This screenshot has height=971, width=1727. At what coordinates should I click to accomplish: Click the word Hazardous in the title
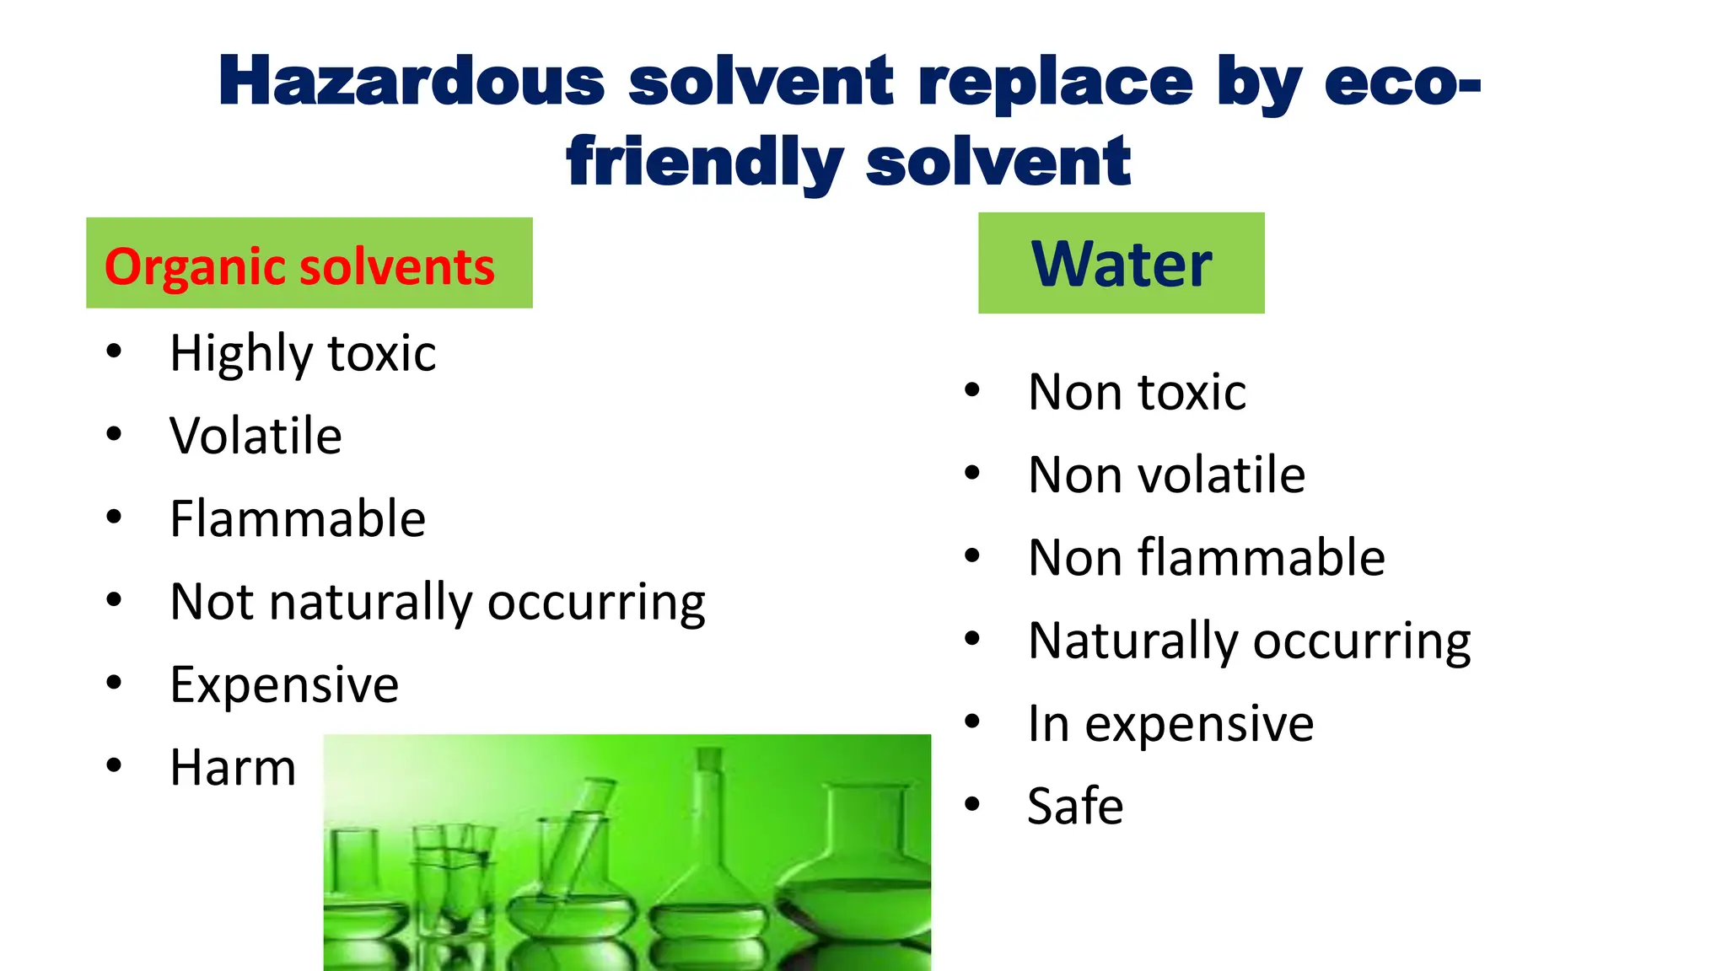[x=412, y=82]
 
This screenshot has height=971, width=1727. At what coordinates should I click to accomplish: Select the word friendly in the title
[x=704, y=162]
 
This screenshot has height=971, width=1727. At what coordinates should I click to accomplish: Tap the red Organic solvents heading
[x=299, y=266]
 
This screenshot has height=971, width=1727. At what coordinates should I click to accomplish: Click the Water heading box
[x=1121, y=264]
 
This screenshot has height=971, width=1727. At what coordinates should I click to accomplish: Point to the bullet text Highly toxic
[x=303, y=353]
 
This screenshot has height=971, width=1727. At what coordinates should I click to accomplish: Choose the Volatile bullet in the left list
[x=256, y=436]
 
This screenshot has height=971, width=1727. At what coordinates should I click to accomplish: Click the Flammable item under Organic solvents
[x=298, y=518]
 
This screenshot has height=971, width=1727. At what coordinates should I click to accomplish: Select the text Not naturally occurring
[x=437, y=602]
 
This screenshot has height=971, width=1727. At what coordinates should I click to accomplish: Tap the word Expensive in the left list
[x=284, y=684]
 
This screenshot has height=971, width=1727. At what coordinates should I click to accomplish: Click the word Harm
[x=233, y=767]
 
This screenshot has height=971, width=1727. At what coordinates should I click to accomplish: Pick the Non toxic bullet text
[x=1137, y=392]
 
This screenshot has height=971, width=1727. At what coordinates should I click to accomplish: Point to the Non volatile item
[x=1166, y=475]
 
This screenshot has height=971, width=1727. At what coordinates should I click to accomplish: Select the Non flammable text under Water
[x=1206, y=557]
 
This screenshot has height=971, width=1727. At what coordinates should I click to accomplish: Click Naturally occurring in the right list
[x=1249, y=641]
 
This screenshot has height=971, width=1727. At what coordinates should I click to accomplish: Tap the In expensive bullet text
[x=1170, y=723]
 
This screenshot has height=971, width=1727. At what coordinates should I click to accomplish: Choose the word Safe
[x=1075, y=806]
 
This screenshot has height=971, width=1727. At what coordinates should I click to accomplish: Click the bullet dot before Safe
[x=972, y=804]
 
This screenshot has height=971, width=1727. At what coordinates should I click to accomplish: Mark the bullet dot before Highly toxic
[x=114, y=351]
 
